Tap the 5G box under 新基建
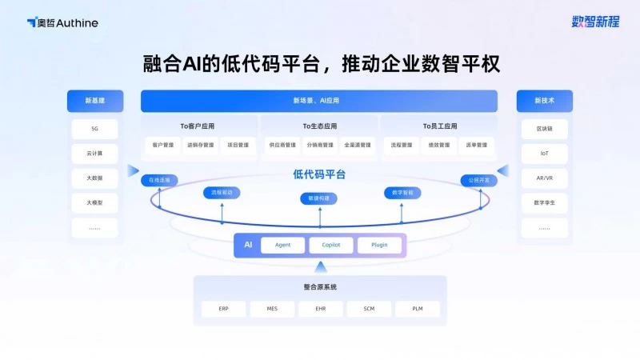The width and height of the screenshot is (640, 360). (x=94, y=129)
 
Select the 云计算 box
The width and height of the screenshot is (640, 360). (x=94, y=154)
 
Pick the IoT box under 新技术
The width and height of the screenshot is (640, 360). (x=544, y=154)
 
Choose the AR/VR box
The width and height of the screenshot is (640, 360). (x=544, y=178)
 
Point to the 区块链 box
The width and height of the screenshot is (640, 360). (x=544, y=129)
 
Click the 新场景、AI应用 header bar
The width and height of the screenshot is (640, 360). (x=318, y=101)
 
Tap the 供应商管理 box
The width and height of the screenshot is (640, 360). (x=282, y=146)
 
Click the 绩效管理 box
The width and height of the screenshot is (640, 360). (x=438, y=146)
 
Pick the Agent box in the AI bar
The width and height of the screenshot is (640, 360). (x=282, y=246)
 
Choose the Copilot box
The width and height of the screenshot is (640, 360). (x=331, y=246)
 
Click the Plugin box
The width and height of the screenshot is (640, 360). (x=379, y=246)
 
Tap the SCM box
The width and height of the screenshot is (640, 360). (x=369, y=309)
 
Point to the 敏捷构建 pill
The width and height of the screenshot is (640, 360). (x=319, y=198)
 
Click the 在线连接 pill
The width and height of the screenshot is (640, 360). (x=160, y=181)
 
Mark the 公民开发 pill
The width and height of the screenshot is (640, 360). (x=479, y=181)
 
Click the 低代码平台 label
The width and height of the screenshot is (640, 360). (x=319, y=174)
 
